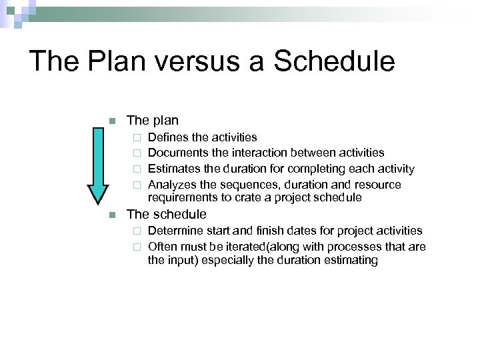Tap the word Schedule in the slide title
[x=335, y=61]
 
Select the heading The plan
[x=153, y=121]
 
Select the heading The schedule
[x=167, y=215]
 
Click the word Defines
[x=167, y=137]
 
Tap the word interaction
[x=255, y=153]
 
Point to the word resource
[x=377, y=185]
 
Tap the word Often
[x=162, y=247]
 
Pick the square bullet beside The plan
[x=112, y=121]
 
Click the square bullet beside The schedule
[x=112, y=215]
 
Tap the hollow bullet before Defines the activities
[x=136, y=138]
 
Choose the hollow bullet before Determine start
[x=136, y=231]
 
